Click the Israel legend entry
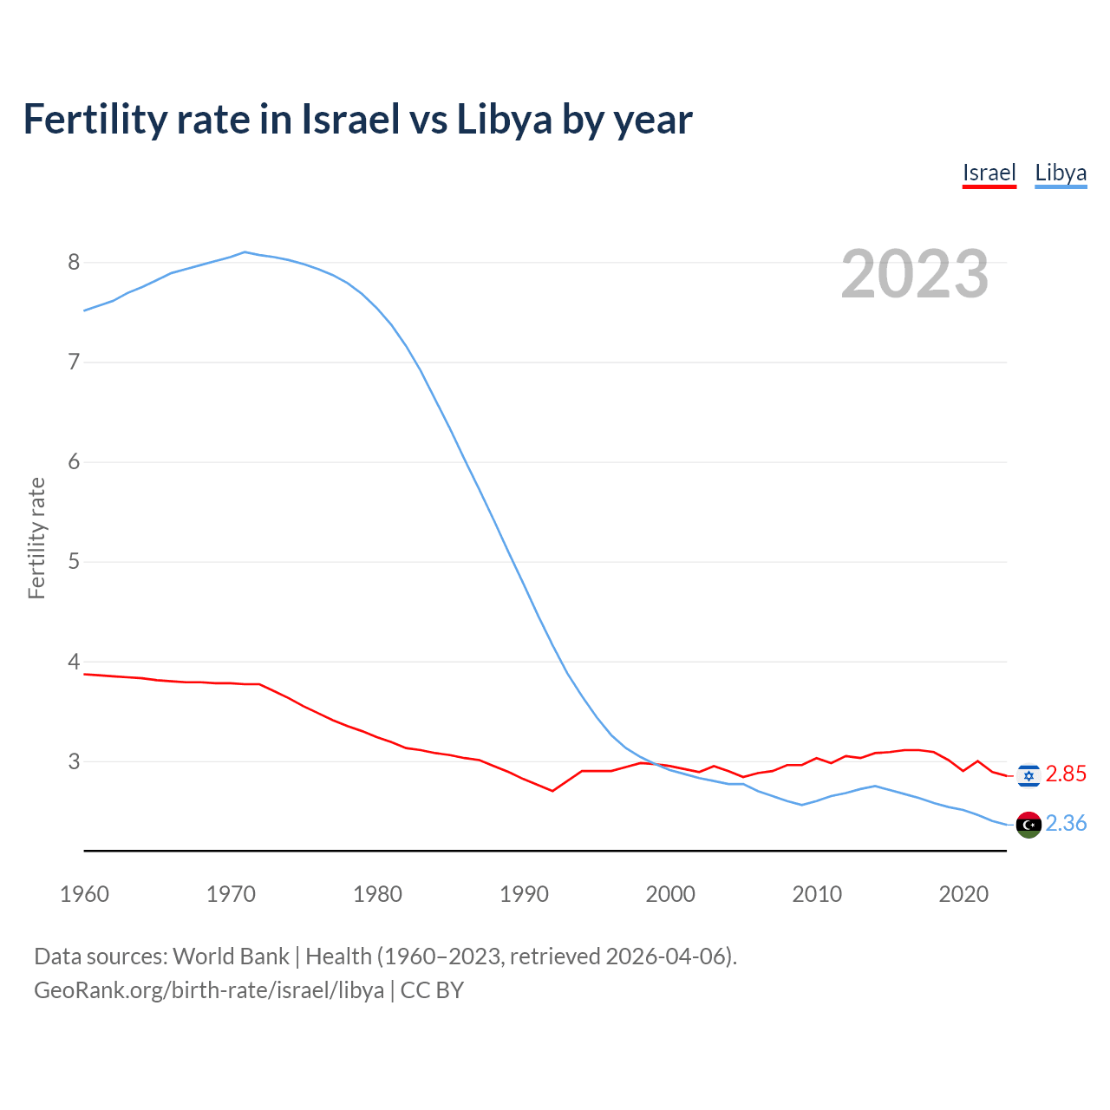pyautogui.click(x=989, y=173)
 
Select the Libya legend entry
pyautogui.click(x=1061, y=173)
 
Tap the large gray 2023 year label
pyautogui.click(x=914, y=274)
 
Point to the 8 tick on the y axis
pyautogui.click(x=74, y=262)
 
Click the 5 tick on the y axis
pyautogui.click(x=74, y=561)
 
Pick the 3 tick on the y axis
pyautogui.click(x=74, y=761)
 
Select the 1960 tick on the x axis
pyautogui.click(x=84, y=894)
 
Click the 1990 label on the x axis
pyautogui.click(x=524, y=894)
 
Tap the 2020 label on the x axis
pyautogui.click(x=963, y=894)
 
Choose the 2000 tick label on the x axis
pyautogui.click(x=670, y=894)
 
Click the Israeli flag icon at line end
pyautogui.click(x=1028, y=774)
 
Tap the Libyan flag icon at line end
pyautogui.click(x=1028, y=825)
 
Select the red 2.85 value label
pyautogui.click(x=1066, y=774)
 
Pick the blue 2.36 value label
pyautogui.click(x=1066, y=824)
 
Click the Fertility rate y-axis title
pyautogui.click(x=36, y=538)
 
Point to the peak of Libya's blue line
pyautogui.click(x=245, y=252)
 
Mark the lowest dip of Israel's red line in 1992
pyautogui.click(x=552, y=791)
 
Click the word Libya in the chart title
pyautogui.click(x=504, y=120)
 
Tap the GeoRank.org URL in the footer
pyautogui.click(x=208, y=990)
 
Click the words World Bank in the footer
pyautogui.click(x=231, y=957)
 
